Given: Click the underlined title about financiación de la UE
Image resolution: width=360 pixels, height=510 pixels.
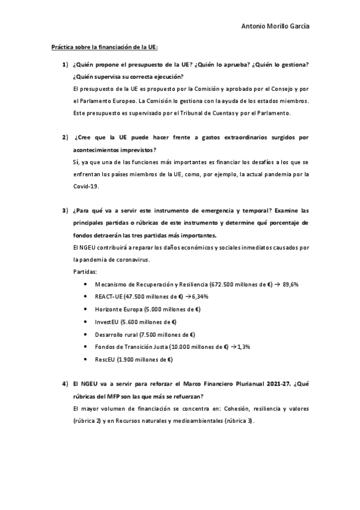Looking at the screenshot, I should (x=105, y=48).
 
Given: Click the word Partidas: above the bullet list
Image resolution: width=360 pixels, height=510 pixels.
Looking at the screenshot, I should (x=84, y=271).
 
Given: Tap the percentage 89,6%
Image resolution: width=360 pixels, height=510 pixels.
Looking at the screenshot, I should (x=260, y=284).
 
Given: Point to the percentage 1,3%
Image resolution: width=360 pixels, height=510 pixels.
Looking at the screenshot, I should (x=243, y=347).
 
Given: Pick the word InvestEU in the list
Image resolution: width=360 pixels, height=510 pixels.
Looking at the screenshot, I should (x=106, y=322).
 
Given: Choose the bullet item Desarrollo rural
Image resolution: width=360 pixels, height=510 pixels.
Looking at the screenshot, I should (x=116, y=334).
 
